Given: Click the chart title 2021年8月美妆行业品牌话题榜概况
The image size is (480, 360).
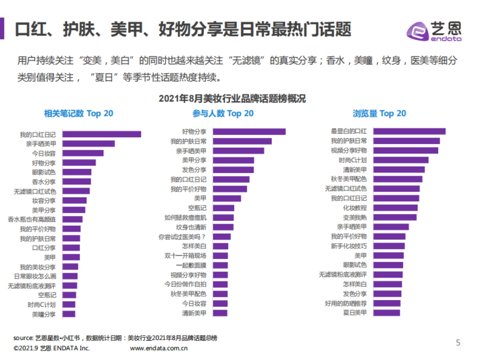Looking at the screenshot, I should click(x=232, y=99).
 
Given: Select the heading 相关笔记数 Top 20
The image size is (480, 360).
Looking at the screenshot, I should click(x=78, y=114).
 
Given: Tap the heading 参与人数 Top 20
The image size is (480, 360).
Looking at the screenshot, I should click(x=223, y=114).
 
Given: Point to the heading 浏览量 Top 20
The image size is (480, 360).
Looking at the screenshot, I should click(x=379, y=114).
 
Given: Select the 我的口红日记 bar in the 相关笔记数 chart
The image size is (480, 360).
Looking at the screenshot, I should click(x=102, y=134).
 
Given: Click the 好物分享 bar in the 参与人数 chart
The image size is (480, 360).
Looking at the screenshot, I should click(x=249, y=132).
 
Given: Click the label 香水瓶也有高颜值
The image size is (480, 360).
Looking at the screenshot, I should click(x=32, y=219).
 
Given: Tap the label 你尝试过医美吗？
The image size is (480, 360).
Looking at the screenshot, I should click(x=182, y=237).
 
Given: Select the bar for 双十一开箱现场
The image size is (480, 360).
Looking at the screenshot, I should click(x=220, y=256).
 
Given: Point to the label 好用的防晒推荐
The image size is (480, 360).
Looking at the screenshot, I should click(x=346, y=303).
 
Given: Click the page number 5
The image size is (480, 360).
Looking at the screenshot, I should click(x=458, y=342).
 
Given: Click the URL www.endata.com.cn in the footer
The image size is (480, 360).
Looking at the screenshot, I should click(x=159, y=348).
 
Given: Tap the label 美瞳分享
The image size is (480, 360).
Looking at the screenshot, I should click(x=44, y=314).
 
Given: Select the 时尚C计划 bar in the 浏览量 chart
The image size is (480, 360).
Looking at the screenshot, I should click(x=401, y=160).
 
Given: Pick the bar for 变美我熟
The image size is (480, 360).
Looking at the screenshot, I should click(x=395, y=217).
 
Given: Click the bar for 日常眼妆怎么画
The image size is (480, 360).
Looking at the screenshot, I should click(x=70, y=276).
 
